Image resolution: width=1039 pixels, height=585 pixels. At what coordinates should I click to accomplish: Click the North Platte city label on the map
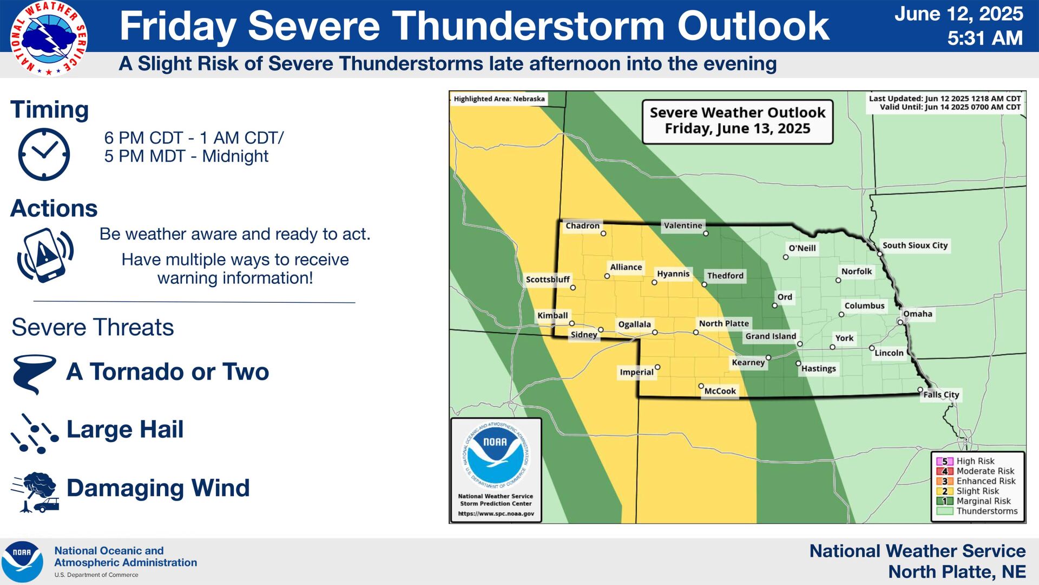(724, 323)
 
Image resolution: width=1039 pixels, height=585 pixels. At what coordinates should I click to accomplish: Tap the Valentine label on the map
(683, 225)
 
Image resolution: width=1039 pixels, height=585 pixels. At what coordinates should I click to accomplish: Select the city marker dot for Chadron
(603, 234)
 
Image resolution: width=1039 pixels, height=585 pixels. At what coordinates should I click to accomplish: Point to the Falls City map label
(941, 394)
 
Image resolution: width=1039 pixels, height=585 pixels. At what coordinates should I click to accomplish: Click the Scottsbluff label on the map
(548, 279)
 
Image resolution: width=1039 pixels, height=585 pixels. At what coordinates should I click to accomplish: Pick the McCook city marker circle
(701, 386)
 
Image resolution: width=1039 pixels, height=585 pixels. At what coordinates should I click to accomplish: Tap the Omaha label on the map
(917, 314)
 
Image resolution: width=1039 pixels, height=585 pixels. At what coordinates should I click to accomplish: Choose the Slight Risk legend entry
(977, 491)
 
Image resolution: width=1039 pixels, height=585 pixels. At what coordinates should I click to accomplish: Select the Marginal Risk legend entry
(983, 501)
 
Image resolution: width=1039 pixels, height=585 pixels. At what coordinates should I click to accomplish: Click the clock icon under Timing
(44, 154)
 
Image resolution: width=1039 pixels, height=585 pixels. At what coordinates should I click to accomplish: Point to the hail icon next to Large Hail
(34, 433)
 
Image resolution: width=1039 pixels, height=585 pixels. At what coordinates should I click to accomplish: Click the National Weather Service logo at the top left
(49, 38)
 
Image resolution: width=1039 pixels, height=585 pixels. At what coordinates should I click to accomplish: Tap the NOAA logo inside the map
(495, 455)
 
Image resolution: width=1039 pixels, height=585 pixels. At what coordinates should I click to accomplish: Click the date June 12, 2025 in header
(958, 14)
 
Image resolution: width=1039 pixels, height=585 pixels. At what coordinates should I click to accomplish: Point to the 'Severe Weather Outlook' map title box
(737, 121)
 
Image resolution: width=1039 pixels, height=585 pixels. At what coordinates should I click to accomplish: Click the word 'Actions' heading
(54, 209)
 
